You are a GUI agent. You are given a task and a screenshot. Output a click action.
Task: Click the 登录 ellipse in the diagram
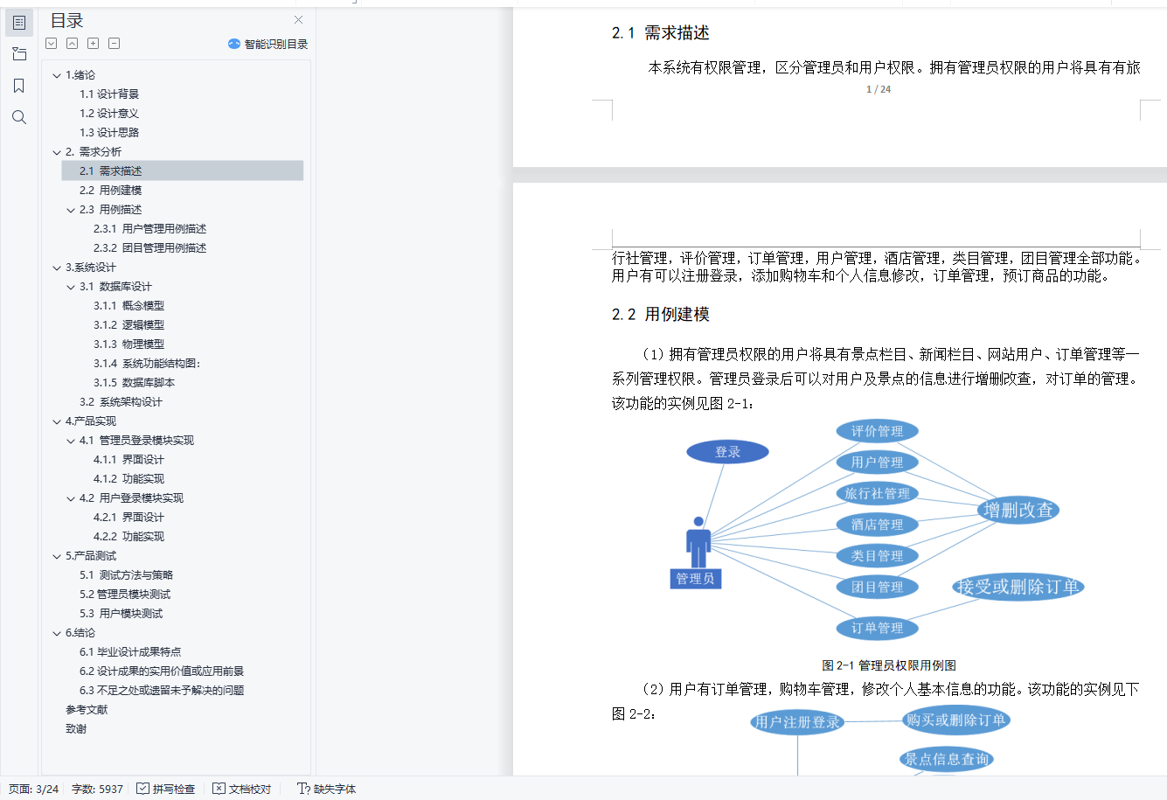(x=727, y=452)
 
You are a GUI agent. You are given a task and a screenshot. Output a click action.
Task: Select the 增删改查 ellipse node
(x=1018, y=511)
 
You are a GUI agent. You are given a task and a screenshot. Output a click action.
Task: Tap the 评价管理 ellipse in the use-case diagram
(x=877, y=431)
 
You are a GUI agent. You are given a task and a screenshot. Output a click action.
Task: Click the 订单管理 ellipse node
(x=877, y=628)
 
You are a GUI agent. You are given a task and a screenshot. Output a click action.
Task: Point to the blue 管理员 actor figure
(x=698, y=542)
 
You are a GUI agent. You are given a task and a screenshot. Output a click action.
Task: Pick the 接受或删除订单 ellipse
(x=1018, y=587)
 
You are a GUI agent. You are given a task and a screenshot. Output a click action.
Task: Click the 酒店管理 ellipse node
(x=877, y=525)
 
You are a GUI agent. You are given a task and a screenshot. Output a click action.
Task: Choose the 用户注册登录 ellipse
(x=797, y=722)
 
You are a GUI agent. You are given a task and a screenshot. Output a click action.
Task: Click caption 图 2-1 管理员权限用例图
(x=888, y=665)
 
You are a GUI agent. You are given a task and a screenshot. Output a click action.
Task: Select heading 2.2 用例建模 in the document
(x=661, y=315)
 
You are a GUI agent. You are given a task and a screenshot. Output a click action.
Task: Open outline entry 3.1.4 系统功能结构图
(x=147, y=364)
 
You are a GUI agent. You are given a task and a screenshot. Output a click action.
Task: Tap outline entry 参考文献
(x=87, y=710)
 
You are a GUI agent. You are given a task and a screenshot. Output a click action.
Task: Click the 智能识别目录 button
(x=268, y=44)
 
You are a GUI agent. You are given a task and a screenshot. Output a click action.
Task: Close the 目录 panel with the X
(x=299, y=20)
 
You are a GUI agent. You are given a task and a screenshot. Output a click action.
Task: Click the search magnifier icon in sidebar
(x=19, y=117)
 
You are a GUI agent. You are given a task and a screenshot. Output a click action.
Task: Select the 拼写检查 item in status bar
(x=166, y=789)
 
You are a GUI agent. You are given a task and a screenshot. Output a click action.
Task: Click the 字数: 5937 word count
(x=97, y=789)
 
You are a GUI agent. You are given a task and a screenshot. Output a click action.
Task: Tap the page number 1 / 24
(x=879, y=89)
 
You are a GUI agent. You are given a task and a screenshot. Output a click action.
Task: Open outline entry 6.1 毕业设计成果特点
(x=130, y=652)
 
